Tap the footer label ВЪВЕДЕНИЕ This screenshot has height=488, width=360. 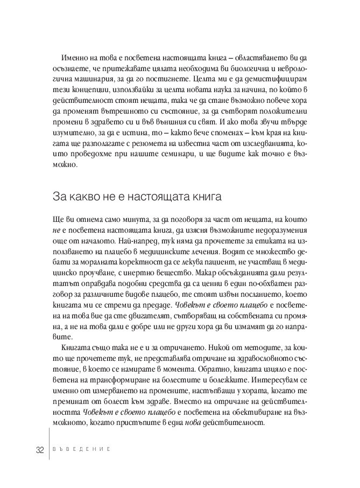pyautogui.click(x=80, y=451)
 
